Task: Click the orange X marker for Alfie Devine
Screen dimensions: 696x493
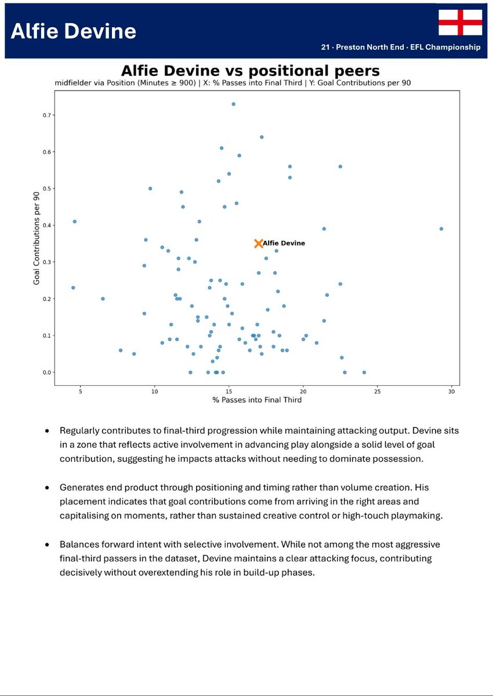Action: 259,244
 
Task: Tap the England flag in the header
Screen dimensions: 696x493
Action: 460,23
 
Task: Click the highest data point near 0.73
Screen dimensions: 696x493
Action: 233,104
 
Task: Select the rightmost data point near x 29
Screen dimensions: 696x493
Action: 441,229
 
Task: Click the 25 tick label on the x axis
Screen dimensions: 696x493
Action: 378,392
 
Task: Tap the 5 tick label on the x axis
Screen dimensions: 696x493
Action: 81,392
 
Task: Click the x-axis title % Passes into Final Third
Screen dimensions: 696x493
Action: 256,400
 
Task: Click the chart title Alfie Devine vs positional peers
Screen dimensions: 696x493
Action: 250,71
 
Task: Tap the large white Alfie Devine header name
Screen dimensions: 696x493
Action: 74,31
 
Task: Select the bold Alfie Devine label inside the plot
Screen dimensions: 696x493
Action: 284,244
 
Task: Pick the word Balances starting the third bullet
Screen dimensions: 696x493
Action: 78,545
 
